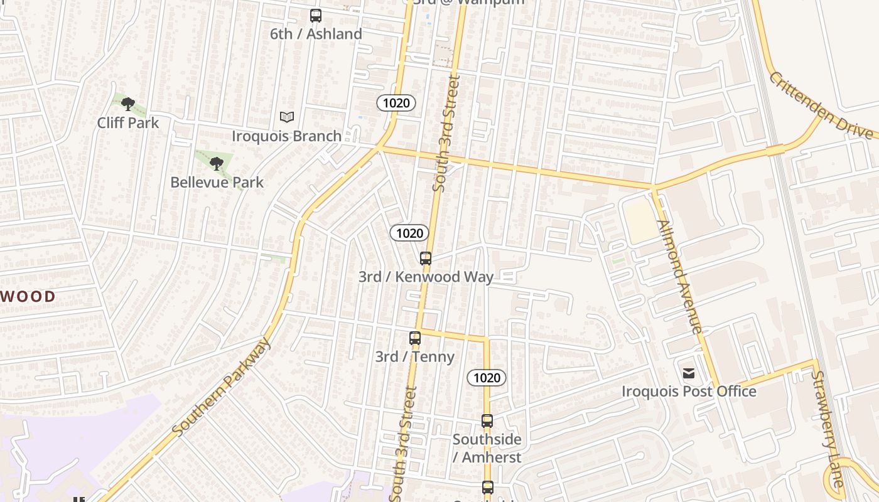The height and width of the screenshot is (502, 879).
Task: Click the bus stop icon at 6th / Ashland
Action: point(316,16)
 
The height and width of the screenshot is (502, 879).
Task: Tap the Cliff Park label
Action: point(128,122)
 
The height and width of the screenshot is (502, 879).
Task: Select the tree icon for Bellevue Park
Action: point(217,164)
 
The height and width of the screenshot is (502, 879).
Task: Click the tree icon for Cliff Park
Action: point(128,104)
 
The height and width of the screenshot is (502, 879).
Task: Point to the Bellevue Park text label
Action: point(217,182)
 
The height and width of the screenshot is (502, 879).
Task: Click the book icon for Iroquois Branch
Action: point(287,117)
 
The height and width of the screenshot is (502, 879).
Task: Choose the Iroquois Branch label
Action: point(287,136)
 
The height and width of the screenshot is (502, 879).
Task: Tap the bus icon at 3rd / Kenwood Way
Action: point(426,259)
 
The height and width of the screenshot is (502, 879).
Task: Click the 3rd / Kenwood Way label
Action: point(426,277)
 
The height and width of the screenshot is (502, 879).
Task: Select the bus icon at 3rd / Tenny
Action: point(414,338)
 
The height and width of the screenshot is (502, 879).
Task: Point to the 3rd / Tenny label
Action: point(414,356)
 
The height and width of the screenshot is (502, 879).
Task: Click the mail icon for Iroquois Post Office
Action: point(689,373)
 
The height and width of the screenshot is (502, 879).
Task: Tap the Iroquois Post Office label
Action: point(689,391)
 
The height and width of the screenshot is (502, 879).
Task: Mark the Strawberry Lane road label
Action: point(827,429)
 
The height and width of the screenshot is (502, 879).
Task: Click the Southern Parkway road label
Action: point(221,387)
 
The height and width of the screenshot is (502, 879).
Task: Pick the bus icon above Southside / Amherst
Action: point(487,421)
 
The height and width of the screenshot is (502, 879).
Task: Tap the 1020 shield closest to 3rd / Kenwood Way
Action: point(409,233)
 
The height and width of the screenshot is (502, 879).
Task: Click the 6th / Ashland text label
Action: point(316,34)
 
